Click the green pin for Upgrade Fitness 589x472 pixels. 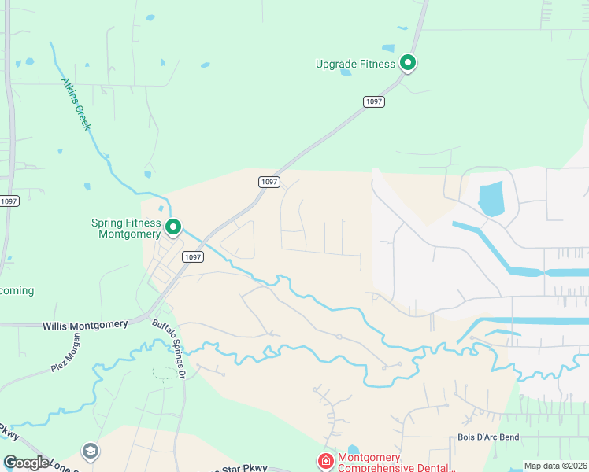[x=407, y=62]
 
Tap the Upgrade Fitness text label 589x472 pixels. [x=354, y=64]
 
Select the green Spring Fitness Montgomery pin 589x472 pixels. [x=173, y=227]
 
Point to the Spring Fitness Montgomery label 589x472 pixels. [x=126, y=228]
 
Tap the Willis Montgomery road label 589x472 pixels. [x=86, y=325]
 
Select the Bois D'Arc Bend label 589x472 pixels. [x=488, y=437]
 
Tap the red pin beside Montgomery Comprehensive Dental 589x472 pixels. [x=324, y=460]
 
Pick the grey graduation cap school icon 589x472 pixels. [x=90, y=451]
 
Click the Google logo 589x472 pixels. [x=26, y=463]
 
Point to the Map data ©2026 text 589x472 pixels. [x=554, y=466]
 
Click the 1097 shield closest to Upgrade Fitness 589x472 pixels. [x=373, y=102]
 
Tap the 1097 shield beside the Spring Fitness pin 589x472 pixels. [x=192, y=256]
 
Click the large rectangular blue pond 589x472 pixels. [x=491, y=199]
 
